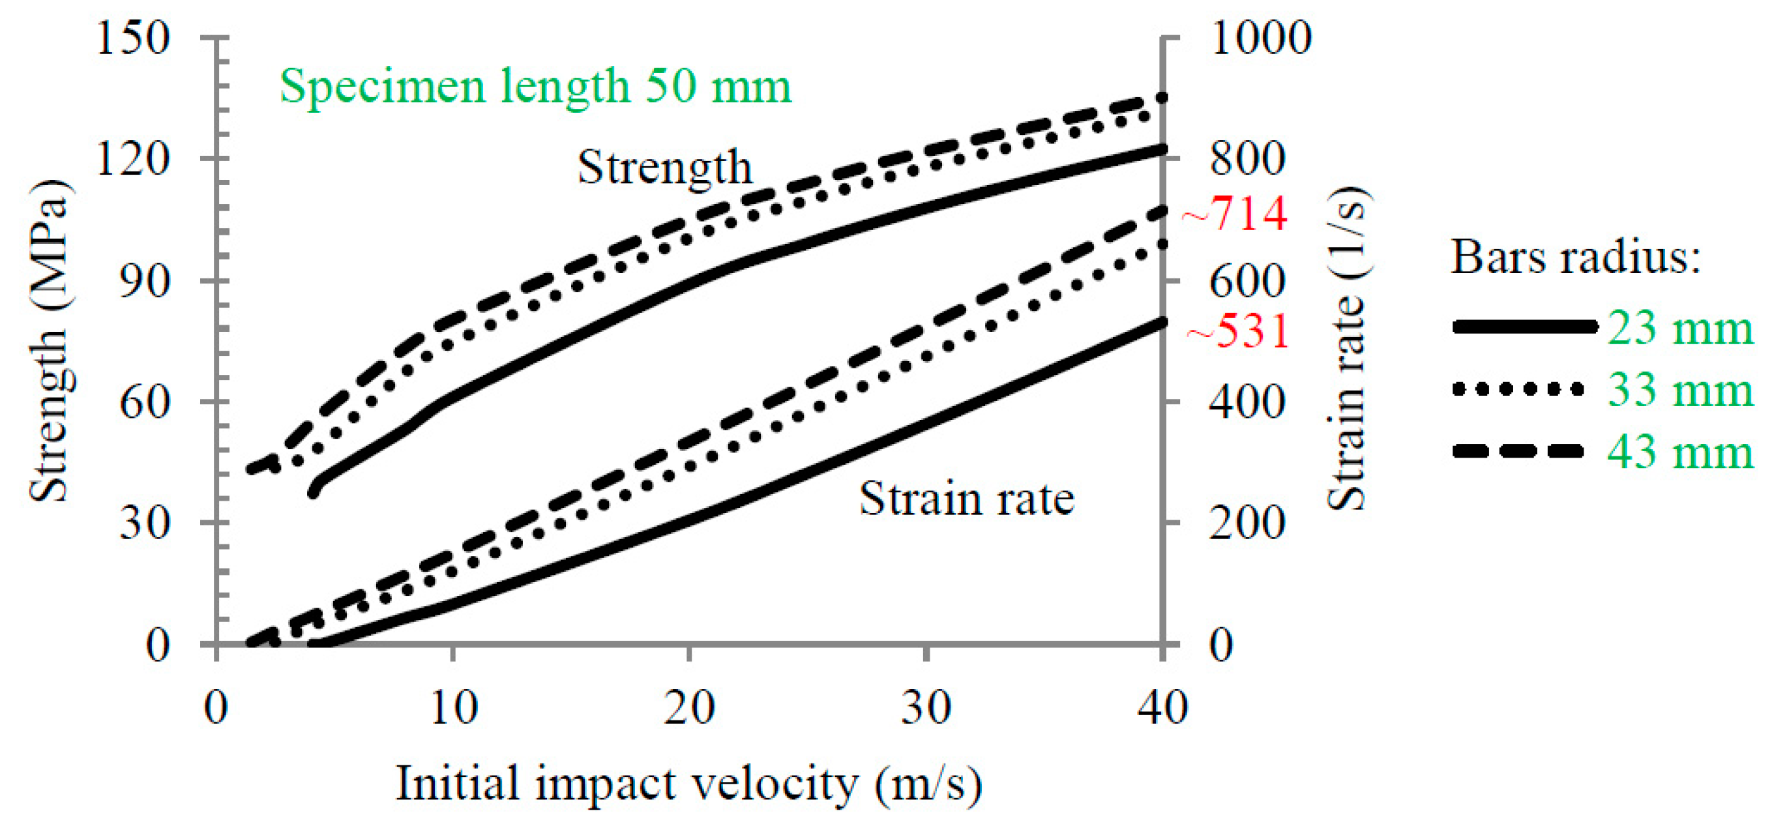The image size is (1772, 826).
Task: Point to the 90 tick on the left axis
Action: point(145,280)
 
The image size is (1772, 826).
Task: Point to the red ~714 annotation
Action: point(1235,213)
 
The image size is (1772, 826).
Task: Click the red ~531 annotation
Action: point(1238,331)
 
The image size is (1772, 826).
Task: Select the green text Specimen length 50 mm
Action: point(535,87)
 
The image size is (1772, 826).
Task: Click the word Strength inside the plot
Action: point(664,167)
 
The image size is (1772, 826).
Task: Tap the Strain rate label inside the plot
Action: point(966,499)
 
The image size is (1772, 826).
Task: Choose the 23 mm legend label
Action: point(1680,328)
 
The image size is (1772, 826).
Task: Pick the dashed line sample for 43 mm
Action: point(1518,451)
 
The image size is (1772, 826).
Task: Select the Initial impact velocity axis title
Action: point(688,784)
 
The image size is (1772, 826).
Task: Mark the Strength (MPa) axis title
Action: point(50,340)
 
